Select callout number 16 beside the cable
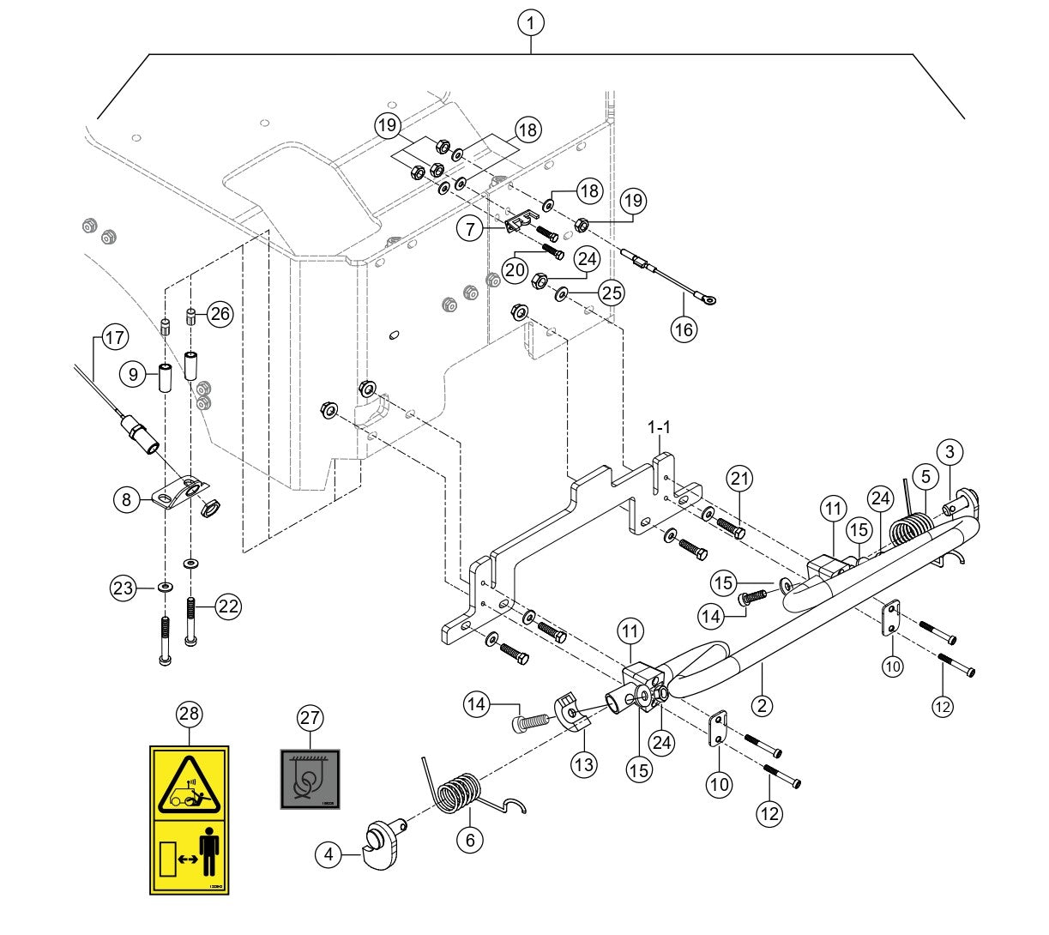pos(684,329)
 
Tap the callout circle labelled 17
pos(115,337)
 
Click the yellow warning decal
pos(189,820)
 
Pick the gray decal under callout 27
pos(310,779)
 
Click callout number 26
pos(220,314)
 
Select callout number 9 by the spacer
pos(134,374)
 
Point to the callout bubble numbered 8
pos(127,499)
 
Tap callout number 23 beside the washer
pos(123,588)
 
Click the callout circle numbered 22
pos(227,606)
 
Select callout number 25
pos(611,293)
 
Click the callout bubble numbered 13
pos(584,763)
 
